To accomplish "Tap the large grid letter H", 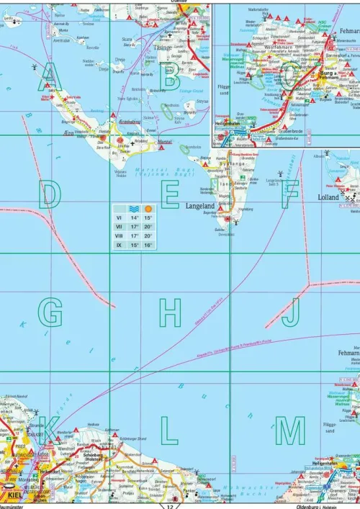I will point(170,312).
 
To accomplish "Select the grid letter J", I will point(291,312).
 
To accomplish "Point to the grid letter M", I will point(291,430).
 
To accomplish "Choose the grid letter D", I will point(50,194).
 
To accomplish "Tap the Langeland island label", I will point(202,205).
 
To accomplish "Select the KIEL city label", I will point(14,495).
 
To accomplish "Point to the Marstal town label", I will point(164,143).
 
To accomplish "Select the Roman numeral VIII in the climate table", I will point(119,235).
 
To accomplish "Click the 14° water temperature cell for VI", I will point(133,217).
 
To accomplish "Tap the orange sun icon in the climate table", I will point(148,208).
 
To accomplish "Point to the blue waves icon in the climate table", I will point(133,208).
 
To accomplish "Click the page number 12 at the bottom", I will point(171,505).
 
